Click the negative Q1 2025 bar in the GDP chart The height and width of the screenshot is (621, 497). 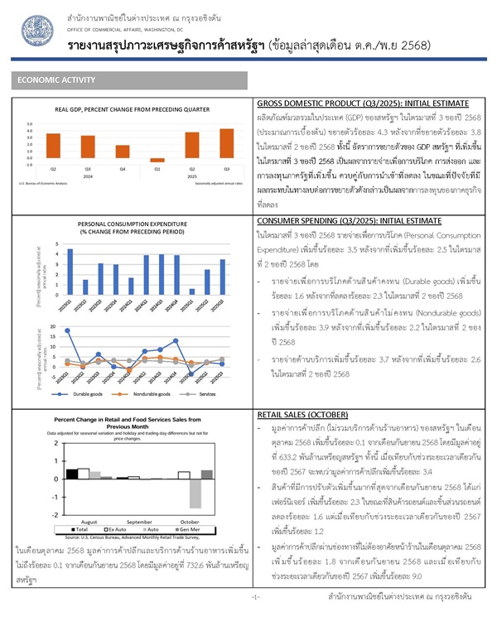pyautogui.click(x=181, y=160)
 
